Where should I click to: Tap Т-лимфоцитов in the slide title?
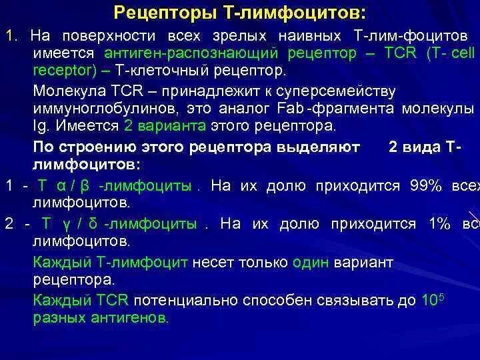[295, 13]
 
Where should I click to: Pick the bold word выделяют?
[324, 145]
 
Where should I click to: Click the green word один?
[311, 262]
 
